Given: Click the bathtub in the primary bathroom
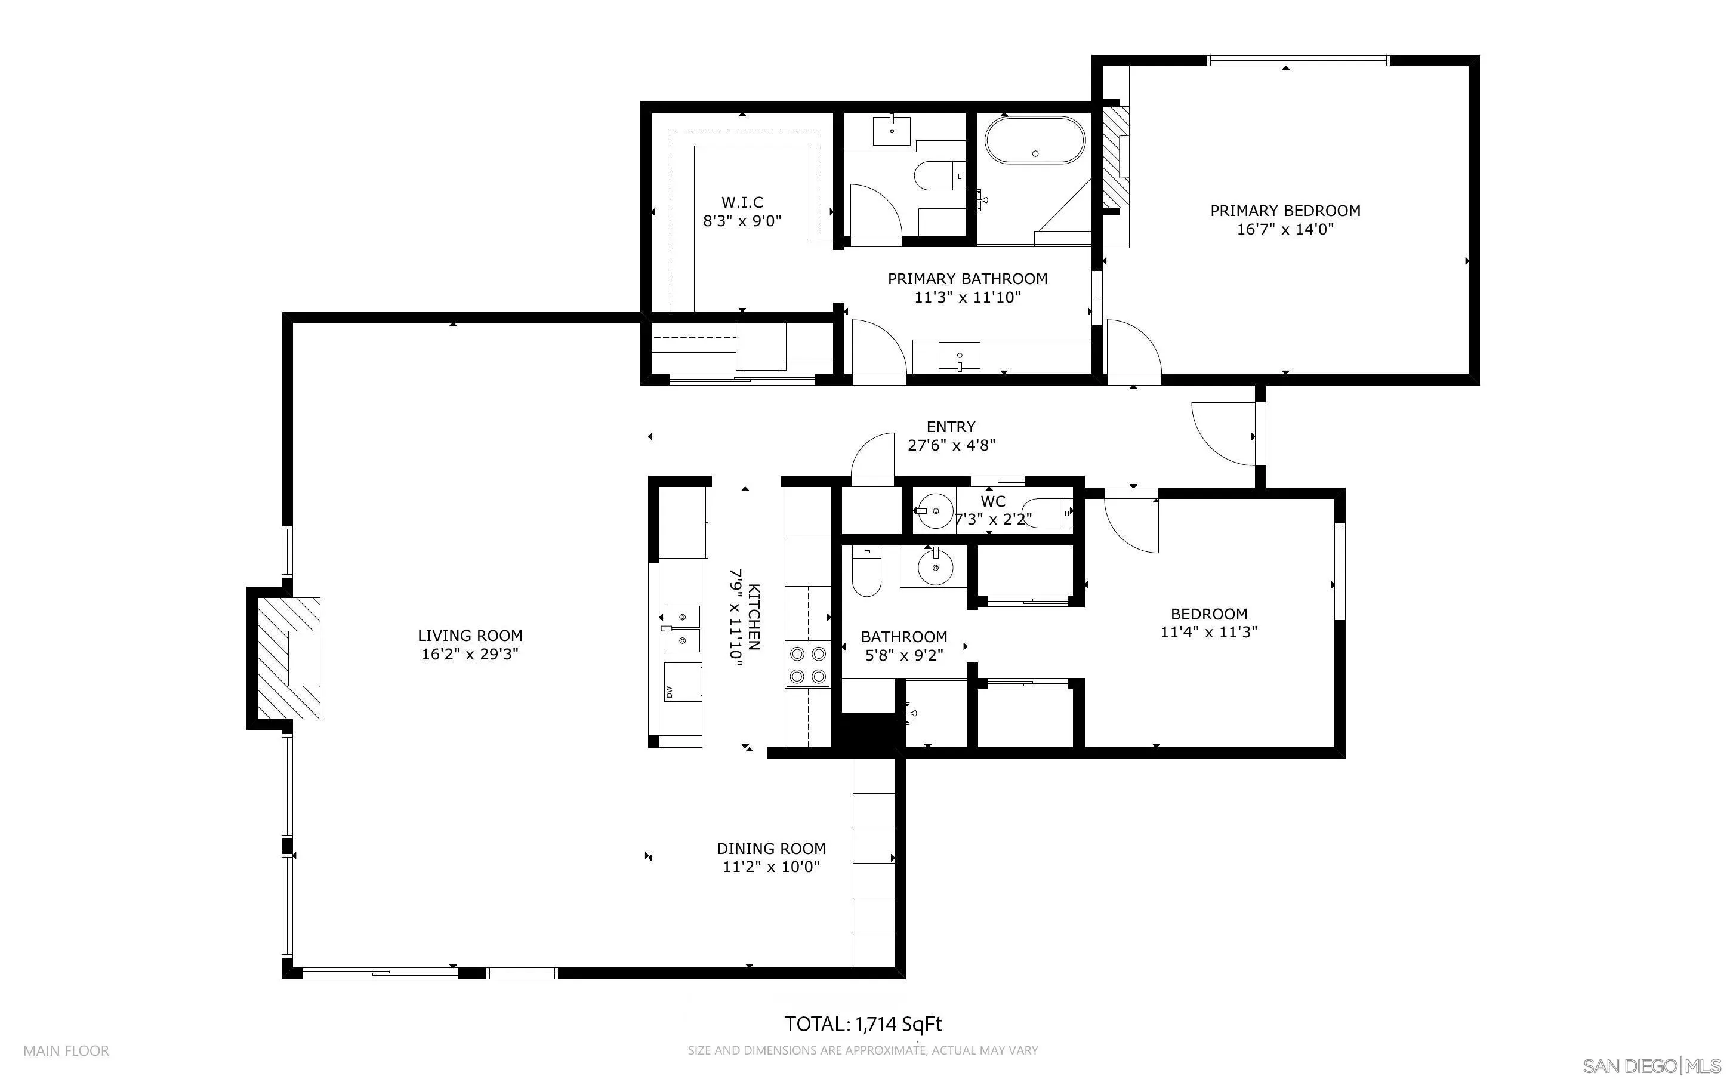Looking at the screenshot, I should [x=1034, y=141].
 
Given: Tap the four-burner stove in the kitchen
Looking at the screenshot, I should [x=807, y=664].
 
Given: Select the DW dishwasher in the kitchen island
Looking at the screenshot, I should [x=682, y=682].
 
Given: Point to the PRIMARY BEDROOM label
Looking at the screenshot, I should [x=1285, y=211].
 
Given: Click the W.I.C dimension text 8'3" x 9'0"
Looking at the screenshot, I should [x=742, y=221].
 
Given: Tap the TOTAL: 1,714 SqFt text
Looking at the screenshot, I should [x=863, y=1024].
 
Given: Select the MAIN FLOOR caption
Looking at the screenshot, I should [x=66, y=1050].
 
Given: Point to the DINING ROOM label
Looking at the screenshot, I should [x=771, y=849].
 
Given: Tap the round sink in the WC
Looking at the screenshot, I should [x=935, y=511].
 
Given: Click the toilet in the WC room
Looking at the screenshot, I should [x=1048, y=513].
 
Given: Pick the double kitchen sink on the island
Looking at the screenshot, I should [x=681, y=628].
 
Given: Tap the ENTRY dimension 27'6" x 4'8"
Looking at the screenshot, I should [x=951, y=445].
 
